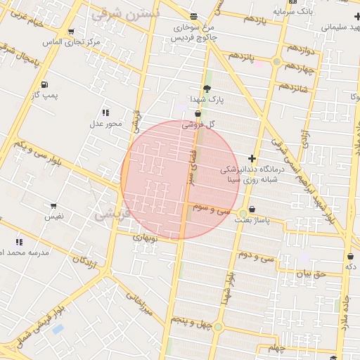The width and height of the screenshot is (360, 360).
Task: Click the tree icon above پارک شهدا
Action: coord(207,89)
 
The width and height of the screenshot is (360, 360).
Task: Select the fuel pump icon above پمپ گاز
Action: coord(46,83)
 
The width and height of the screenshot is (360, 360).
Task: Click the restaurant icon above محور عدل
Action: coord(105,112)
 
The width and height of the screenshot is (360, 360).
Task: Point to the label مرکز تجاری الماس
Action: coord(71,42)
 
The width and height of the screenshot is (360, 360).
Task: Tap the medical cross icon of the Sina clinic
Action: coord(252,159)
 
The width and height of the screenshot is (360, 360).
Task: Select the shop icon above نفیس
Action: coord(53,207)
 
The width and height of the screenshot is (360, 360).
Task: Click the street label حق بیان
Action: coord(311,273)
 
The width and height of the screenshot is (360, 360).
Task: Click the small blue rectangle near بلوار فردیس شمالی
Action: coord(58,328)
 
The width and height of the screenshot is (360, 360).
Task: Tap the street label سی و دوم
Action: coord(255,254)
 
